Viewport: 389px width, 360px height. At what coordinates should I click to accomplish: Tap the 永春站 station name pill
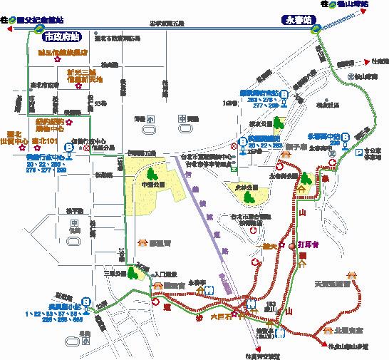(x=296, y=20)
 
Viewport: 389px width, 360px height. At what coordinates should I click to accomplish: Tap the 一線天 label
(x=269, y=247)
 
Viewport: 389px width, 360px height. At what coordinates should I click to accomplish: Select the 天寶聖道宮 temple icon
(x=351, y=274)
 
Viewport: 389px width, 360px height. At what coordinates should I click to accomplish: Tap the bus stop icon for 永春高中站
(x=345, y=138)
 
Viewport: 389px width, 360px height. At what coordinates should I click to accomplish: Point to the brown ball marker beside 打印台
(x=292, y=245)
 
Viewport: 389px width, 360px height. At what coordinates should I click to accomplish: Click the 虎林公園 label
(x=246, y=187)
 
